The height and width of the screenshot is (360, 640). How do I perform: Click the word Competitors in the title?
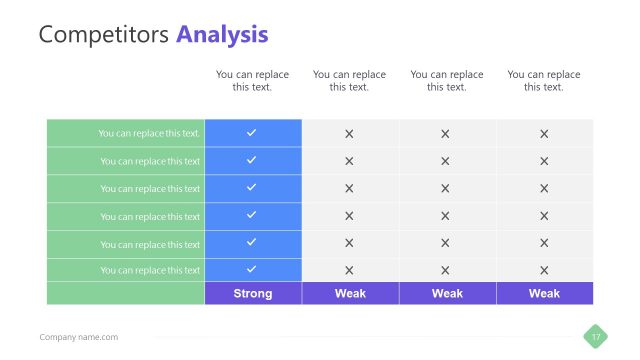point(104,35)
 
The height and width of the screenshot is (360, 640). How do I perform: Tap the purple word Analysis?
point(222,35)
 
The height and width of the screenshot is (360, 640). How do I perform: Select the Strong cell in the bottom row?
point(252,293)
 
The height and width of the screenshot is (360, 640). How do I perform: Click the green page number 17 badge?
point(596,337)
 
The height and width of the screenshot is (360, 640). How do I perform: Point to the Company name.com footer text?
point(78,337)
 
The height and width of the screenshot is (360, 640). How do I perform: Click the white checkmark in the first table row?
point(252,133)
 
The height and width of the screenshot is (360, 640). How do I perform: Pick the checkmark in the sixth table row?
point(252,269)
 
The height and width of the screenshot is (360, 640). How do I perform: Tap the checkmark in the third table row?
point(252,187)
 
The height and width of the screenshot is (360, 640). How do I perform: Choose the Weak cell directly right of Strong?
point(350,293)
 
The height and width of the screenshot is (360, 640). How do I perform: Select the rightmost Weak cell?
point(544,293)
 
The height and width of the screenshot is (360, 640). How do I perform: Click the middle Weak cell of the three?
point(447,293)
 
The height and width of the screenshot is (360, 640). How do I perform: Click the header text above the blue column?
point(252,81)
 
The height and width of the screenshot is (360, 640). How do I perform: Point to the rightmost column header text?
point(544,81)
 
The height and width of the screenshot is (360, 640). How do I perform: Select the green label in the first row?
point(149,133)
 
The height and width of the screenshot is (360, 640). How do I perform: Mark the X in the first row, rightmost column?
point(544,133)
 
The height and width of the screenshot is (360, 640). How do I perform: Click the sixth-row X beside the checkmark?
point(349,270)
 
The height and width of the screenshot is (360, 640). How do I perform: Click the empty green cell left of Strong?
point(125,293)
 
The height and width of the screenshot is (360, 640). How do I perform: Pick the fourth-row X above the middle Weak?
point(446,215)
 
